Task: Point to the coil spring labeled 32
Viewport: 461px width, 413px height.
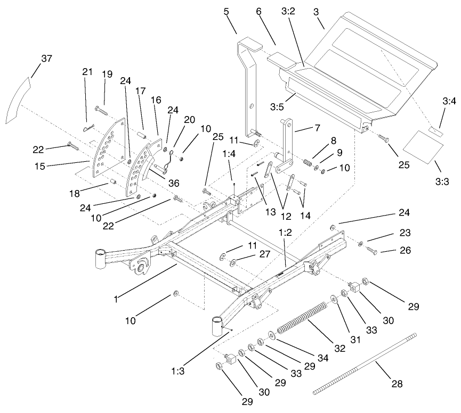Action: point(302,319)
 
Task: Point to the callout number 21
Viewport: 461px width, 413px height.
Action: point(87,72)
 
